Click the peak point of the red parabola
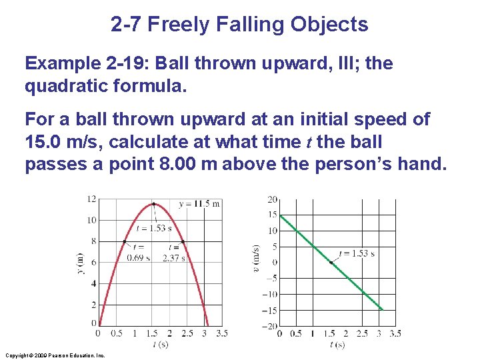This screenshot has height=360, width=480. coord(155,203)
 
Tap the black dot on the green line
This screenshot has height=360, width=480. coord(331,262)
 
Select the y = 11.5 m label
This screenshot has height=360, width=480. coord(199,203)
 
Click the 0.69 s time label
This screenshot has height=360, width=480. coord(138,258)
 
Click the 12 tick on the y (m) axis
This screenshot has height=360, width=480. coord(93,199)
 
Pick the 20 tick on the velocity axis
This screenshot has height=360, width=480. coord(272,199)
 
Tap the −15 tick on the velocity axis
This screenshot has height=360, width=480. coord(269,310)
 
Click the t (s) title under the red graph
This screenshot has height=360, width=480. coord(160,345)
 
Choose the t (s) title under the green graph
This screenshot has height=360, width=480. coord(337,345)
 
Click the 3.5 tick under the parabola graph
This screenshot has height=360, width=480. coord(222,333)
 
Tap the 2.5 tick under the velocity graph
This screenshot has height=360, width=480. coord(362,333)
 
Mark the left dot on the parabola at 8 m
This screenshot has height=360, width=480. coord(125,241)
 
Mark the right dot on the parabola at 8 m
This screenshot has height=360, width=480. coord(183,241)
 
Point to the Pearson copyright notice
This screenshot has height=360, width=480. coord(55,356)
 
